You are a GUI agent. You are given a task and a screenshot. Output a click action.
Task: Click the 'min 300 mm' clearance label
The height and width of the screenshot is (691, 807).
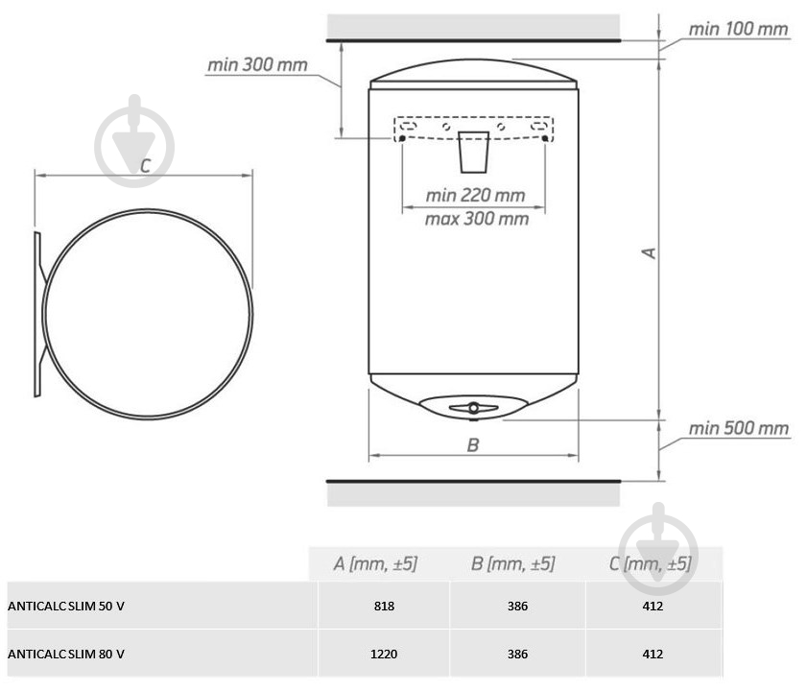point(257,65)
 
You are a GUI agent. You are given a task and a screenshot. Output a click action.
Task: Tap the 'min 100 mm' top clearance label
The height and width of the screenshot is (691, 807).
point(738,29)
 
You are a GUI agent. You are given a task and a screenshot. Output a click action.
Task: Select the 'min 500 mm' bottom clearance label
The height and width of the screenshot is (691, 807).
point(739,428)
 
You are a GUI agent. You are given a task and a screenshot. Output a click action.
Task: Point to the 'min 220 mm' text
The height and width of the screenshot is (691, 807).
point(475,195)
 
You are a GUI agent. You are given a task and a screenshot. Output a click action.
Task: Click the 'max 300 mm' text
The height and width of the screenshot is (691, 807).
point(477,219)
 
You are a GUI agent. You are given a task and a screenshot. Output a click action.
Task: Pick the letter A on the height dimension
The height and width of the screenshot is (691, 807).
point(650,252)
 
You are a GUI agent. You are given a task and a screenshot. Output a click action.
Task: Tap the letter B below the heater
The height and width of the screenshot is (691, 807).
point(472,444)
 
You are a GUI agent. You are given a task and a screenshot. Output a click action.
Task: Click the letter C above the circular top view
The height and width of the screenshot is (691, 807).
point(146,165)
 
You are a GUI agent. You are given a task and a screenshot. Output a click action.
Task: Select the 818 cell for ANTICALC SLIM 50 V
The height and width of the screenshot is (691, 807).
point(384,606)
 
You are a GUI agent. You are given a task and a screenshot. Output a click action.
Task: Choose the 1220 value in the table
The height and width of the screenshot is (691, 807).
point(384,654)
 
